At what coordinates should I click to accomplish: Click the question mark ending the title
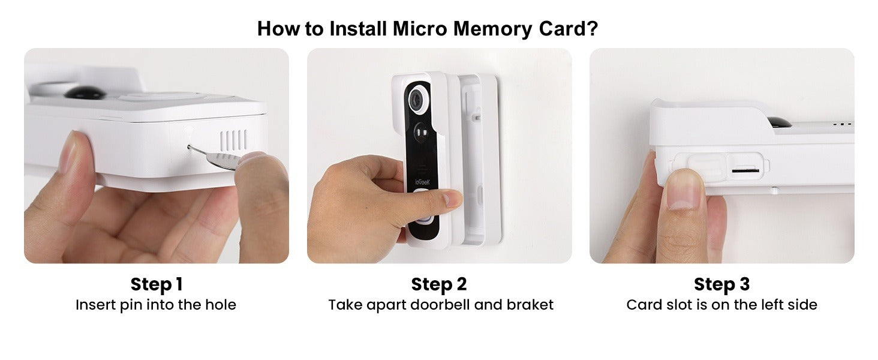(592, 28)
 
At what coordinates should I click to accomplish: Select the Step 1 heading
(156, 284)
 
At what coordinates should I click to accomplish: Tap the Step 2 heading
(439, 284)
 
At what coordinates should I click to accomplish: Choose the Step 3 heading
(721, 284)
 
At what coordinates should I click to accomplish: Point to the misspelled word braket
(530, 305)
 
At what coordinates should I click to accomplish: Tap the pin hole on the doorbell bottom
(190, 146)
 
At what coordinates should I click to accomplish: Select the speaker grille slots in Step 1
(233, 140)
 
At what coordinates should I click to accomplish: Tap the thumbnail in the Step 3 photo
(684, 192)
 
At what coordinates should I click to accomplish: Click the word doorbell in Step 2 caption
(441, 305)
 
